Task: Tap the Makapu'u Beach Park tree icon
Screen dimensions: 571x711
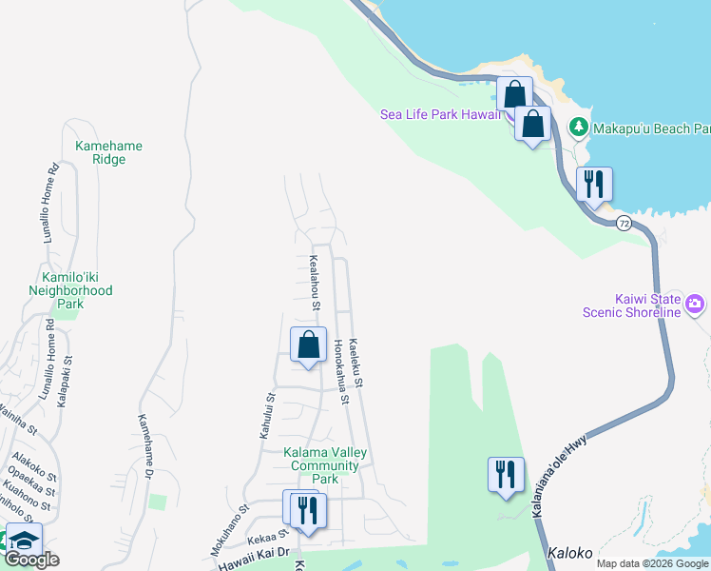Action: pos(577,127)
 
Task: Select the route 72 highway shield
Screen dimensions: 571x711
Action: pos(624,223)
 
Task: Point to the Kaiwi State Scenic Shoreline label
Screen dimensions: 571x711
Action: pos(648,305)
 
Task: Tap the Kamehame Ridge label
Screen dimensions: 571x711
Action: pos(108,152)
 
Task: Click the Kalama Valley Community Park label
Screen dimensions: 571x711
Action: pos(325,465)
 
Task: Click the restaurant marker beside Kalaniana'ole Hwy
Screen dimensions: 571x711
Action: pos(506,474)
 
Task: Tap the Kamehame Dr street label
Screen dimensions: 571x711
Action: pos(145,446)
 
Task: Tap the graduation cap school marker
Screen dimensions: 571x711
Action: pos(24,539)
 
